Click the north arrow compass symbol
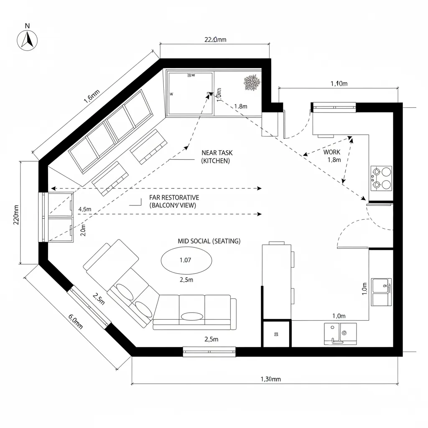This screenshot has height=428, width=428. point(27,40)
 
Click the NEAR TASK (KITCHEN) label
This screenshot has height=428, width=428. point(215,157)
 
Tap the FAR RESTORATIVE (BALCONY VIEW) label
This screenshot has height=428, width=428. point(174,201)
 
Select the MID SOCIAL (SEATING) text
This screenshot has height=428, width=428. point(209,241)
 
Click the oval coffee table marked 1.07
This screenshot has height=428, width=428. point(186,260)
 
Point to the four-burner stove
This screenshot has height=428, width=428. point(381,178)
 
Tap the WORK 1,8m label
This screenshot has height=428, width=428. point(333,156)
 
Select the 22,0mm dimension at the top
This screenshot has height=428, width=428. point(215,40)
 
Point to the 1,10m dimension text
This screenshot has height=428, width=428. point(339,84)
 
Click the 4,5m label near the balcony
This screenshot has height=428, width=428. point(85,209)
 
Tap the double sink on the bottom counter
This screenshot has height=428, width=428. point(340,334)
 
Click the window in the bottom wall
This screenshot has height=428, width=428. point(209,352)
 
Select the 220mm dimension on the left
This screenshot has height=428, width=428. point(16,214)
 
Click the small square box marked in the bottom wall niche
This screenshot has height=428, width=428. point(276,334)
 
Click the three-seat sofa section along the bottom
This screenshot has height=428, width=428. point(192,311)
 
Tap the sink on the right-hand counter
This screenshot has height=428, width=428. point(381,292)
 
